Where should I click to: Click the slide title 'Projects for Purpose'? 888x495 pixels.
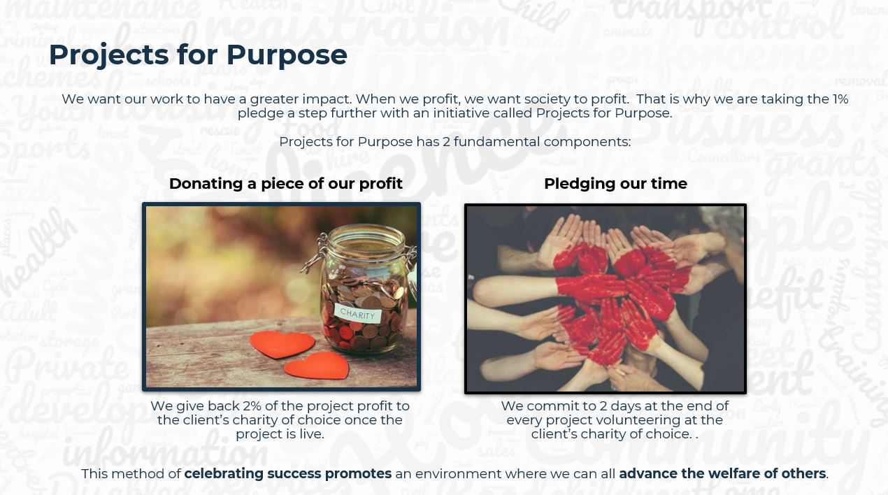tap(198, 55)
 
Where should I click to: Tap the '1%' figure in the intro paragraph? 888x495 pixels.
tap(840, 99)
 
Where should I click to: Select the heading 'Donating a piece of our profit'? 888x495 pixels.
tap(286, 183)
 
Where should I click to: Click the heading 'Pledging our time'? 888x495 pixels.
tap(615, 183)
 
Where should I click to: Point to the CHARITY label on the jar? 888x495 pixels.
tap(357, 314)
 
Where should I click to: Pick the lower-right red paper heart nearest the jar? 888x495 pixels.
tap(317, 366)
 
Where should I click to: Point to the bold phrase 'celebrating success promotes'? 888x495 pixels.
tap(288, 473)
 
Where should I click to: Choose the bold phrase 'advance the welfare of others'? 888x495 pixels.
tap(722, 473)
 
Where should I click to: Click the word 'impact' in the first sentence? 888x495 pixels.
tap(327, 99)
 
